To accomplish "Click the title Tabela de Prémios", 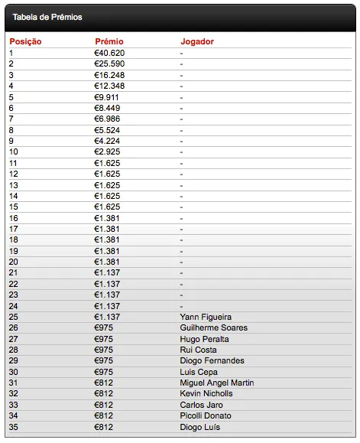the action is point(47,16).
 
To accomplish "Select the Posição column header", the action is point(25,41).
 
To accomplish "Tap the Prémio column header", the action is point(109,41).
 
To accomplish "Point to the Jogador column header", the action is point(197,41).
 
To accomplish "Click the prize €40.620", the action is point(109,53).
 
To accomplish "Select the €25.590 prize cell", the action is point(109,64).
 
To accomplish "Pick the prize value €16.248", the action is point(109,75).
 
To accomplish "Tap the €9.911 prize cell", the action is point(107,97).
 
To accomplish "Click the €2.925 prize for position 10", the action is point(107,152).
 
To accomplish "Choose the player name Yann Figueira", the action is point(206,317).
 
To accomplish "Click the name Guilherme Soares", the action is point(212,327).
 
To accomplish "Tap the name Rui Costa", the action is point(198,350).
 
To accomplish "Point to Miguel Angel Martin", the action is point(217,383).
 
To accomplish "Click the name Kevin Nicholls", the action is point(206,393).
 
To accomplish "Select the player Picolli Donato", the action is point(206,415).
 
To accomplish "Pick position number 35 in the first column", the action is point(13,426).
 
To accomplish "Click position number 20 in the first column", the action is point(13,262).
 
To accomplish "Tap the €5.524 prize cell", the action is point(107,130).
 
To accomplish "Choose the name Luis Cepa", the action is point(199,372).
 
